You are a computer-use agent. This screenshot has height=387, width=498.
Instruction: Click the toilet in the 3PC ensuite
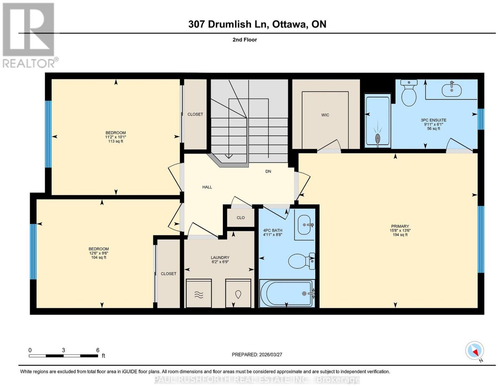click(409, 93)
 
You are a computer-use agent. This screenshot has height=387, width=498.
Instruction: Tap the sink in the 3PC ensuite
click(451, 90)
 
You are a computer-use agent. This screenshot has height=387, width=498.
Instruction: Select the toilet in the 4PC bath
click(301, 261)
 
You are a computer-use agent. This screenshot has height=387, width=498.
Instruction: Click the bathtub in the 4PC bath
click(287, 293)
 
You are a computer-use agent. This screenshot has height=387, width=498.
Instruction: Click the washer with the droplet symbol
click(238, 293)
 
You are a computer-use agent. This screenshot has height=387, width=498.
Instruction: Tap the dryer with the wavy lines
click(199, 293)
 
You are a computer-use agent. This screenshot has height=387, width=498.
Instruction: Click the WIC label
click(325, 115)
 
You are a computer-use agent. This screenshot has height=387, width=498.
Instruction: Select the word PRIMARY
click(400, 226)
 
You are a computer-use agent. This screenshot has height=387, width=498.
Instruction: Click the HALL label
click(207, 187)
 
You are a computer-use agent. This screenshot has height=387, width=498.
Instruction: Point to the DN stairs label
click(268, 171)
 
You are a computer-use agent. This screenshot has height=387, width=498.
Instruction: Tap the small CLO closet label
click(241, 218)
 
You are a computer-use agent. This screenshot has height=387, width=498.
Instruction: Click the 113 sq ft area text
click(115, 141)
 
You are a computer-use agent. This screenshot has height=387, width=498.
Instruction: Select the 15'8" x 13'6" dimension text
click(400, 230)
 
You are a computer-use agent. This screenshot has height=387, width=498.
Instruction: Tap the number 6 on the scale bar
click(98, 350)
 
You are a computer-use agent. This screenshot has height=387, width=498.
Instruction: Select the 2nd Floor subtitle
click(245, 40)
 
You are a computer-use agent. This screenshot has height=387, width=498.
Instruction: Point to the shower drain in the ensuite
click(378, 139)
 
